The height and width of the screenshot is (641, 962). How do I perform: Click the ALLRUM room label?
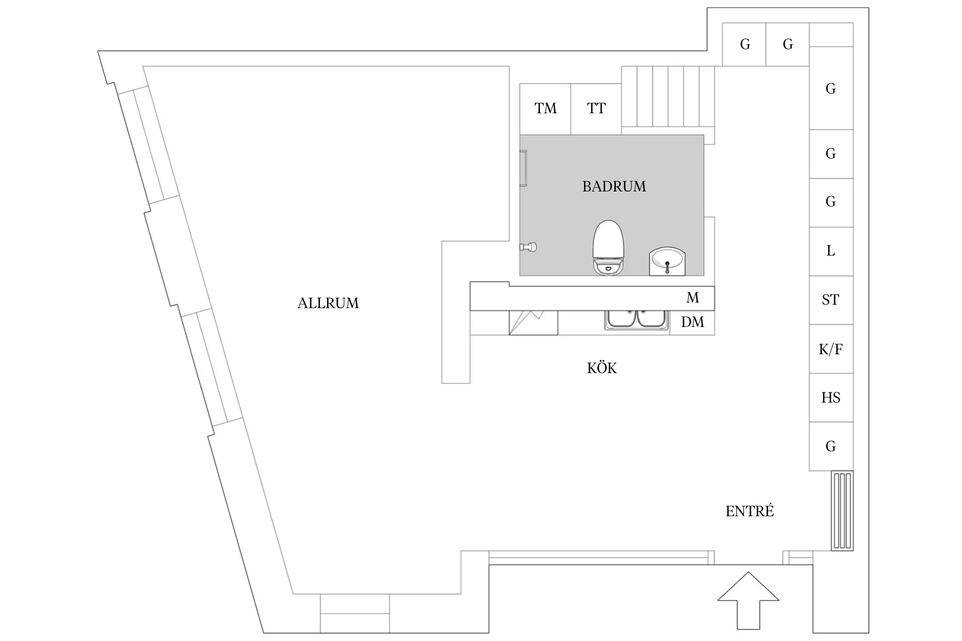[328, 303]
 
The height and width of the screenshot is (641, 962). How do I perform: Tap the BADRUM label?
[614, 186]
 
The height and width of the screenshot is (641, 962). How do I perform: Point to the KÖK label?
[602, 368]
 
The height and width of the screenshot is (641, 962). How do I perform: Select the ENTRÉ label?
[750, 511]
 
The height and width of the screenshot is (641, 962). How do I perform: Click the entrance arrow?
[748, 600]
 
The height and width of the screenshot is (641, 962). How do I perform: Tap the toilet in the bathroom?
[608, 247]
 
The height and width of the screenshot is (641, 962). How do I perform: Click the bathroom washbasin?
[667, 262]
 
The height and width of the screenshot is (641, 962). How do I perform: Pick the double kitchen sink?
[637, 320]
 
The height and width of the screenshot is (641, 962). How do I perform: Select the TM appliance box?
[545, 109]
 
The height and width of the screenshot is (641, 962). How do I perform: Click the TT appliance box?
[596, 109]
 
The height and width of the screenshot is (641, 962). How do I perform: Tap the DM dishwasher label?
[692, 322]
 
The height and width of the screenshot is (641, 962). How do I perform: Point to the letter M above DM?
[693, 297]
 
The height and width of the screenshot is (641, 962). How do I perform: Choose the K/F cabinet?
[831, 349]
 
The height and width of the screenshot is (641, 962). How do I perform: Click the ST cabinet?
[831, 300]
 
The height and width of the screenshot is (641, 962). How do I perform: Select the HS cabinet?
[831, 398]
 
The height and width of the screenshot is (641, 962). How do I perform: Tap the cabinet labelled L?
[831, 251]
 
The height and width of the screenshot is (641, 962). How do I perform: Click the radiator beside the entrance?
[842, 511]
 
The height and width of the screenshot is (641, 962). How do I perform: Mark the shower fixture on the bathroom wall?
[528, 247]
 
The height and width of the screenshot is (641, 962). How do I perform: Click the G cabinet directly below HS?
[831, 447]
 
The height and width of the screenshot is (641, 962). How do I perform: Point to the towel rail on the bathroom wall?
[523, 168]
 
